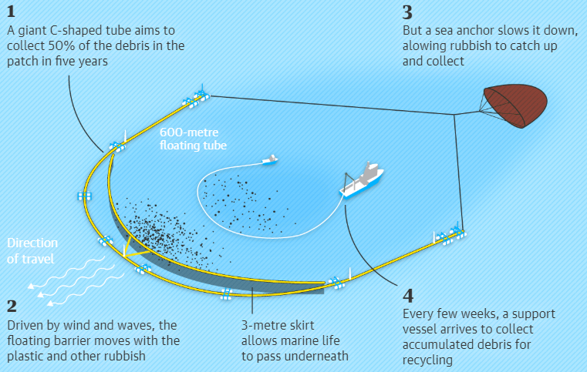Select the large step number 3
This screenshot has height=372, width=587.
point(407,13)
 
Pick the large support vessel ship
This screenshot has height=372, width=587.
point(363,179)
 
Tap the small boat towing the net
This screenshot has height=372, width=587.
point(269,159)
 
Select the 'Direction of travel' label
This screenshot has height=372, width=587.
point(31,251)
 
